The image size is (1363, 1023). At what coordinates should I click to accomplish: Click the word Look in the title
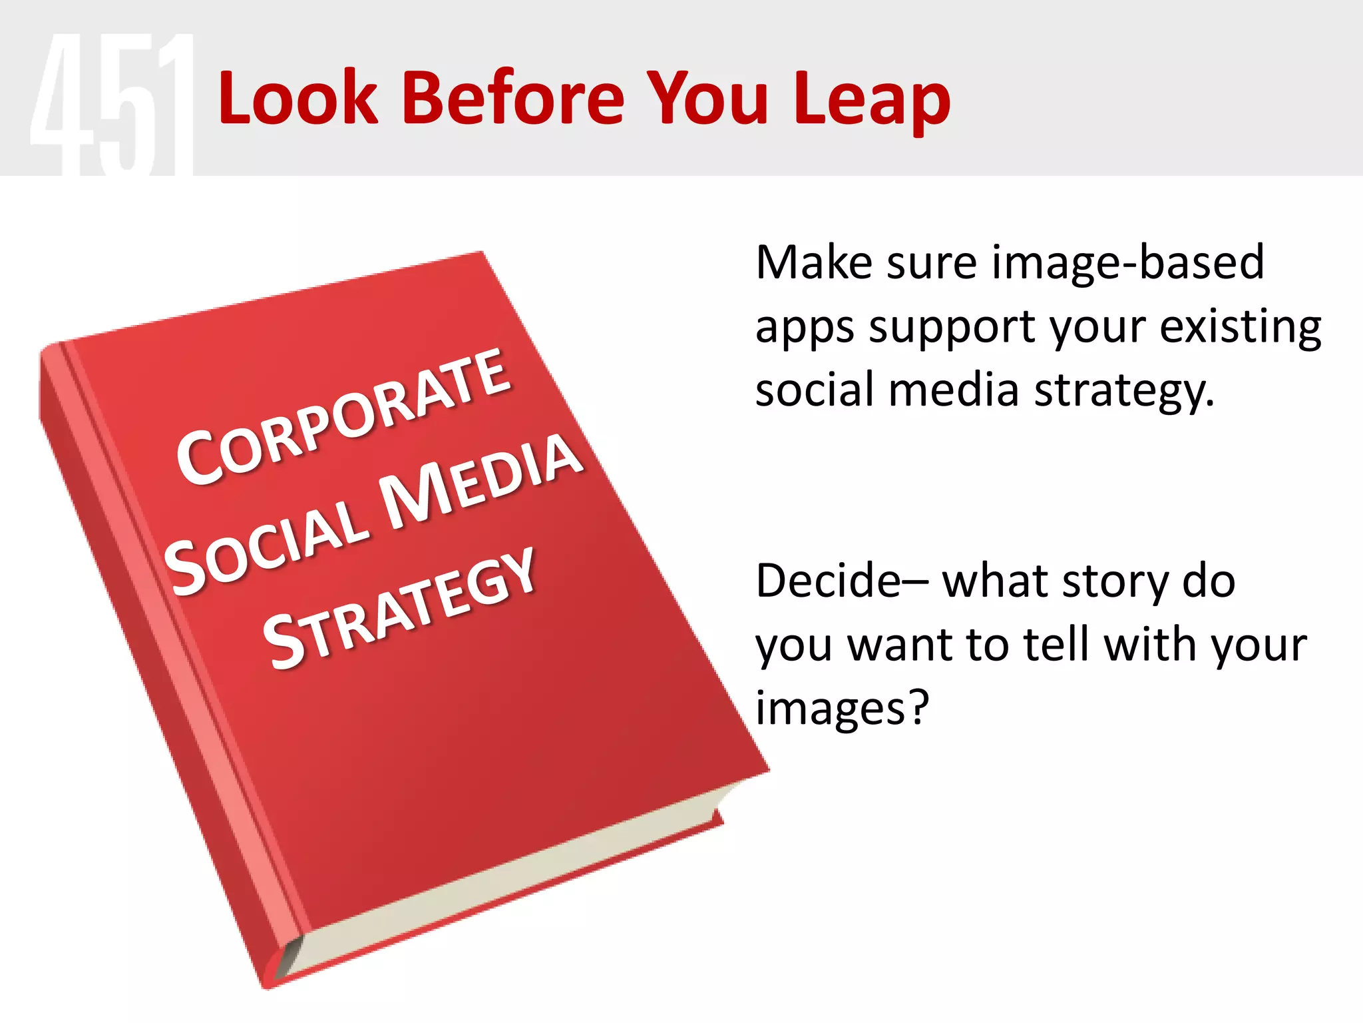pos(297,99)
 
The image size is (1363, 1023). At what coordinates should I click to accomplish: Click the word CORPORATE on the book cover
pos(343,416)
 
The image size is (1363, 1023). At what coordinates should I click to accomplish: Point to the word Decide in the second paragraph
pos(828,581)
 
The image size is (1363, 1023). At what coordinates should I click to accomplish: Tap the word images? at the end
pos(841,707)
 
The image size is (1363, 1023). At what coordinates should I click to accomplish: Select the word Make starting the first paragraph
pos(813,262)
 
